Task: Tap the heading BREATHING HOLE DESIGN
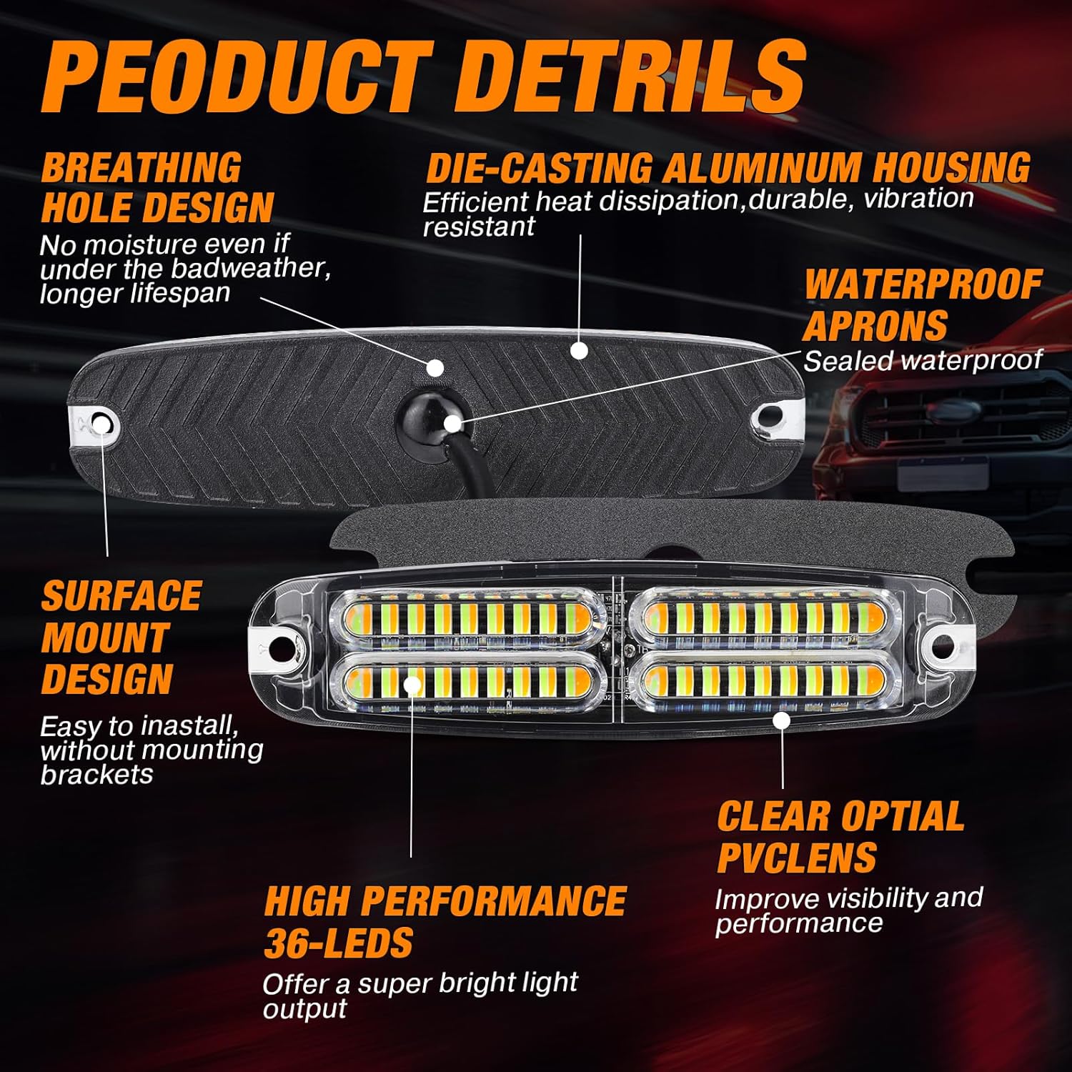coord(157,188)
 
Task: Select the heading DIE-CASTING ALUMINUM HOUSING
coord(728,168)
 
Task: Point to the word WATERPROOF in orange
coord(923,284)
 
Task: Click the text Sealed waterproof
coord(923,360)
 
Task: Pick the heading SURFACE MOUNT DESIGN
coord(121,637)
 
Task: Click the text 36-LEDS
coord(339,943)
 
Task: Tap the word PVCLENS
coord(797,858)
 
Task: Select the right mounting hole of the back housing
coord(770,414)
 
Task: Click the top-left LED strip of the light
coord(467,617)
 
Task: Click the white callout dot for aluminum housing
coord(580,350)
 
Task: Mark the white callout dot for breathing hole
coord(435,368)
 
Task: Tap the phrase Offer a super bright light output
coord(420,996)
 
